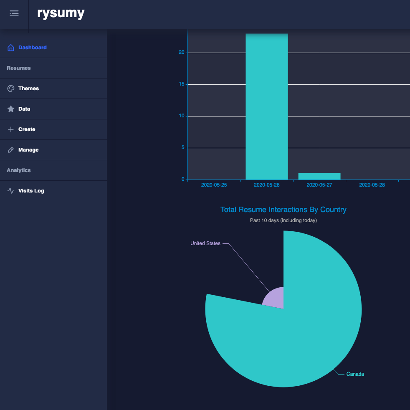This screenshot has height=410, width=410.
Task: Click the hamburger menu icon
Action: point(14,13)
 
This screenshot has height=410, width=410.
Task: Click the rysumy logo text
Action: point(61,13)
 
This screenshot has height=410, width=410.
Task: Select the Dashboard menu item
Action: point(32,48)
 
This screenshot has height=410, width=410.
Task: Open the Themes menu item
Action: point(28,89)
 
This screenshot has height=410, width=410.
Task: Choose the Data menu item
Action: point(24,109)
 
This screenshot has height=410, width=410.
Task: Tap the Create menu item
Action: point(27,129)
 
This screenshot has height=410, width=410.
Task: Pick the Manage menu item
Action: point(28,150)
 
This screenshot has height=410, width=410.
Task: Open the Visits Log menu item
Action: point(31,191)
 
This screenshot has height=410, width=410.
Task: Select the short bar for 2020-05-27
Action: point(319,176)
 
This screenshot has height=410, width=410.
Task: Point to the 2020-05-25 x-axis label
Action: point(214,185)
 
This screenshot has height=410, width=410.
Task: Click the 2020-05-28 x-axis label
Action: point(372,185)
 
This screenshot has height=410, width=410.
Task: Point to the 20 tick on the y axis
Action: point(182,53)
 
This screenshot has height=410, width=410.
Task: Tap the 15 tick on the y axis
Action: point(182,84)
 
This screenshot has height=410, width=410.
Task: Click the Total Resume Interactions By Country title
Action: point(283,210)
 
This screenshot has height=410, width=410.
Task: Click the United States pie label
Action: point(205,243)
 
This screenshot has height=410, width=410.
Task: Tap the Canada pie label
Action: point(355,374)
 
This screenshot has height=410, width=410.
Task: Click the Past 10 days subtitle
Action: point(283,220)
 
